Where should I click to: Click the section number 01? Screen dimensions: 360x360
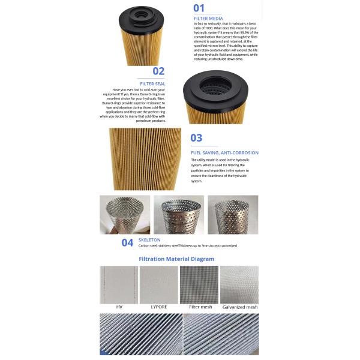(199, 8)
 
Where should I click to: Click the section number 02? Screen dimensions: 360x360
(158, 71)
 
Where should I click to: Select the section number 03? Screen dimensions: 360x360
(196, 138)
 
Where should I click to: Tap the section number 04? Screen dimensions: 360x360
(127, 242)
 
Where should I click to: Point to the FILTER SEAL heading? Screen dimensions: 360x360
(152, 83)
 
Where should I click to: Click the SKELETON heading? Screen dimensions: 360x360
(149, 239)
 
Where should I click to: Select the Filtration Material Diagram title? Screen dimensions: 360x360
(176, 259)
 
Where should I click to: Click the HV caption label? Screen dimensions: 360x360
(119, 307)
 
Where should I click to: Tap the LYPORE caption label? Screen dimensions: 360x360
(158, 307)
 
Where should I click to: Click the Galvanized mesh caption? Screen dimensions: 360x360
(239, 307)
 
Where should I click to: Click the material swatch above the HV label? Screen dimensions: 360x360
(119, 284)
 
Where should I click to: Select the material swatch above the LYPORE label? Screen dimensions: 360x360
(159, 284)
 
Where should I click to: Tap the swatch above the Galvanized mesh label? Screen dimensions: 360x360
(239, 284)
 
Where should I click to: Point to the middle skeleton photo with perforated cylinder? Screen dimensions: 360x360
(179, 214)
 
